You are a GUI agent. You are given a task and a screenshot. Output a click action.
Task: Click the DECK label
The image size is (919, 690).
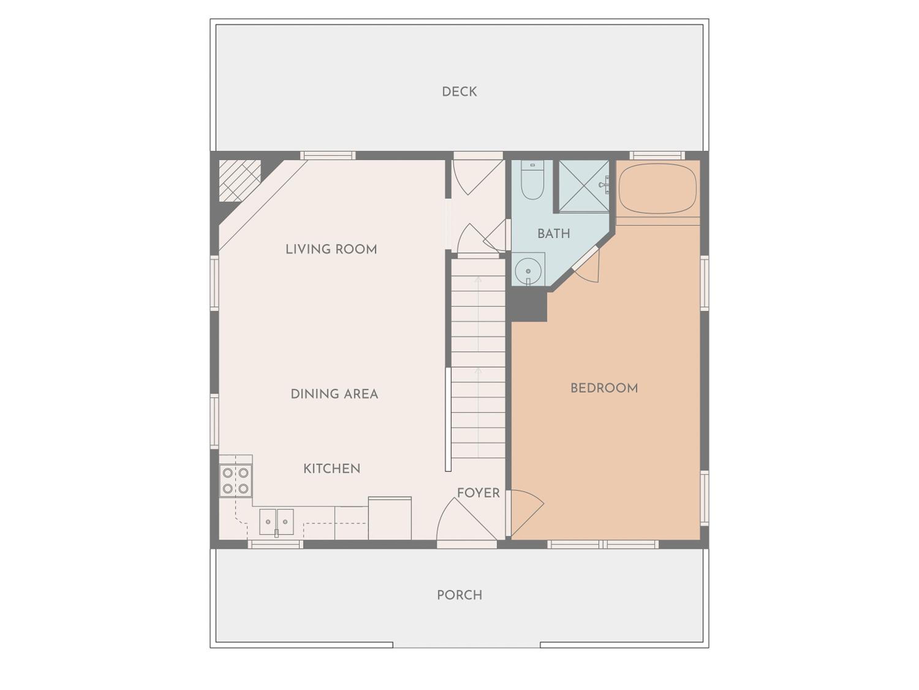tap(459, 91)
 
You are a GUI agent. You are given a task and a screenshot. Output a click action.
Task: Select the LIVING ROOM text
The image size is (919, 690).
tap(331, 249)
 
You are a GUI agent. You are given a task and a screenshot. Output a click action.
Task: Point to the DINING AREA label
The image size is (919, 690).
tap(335, 394)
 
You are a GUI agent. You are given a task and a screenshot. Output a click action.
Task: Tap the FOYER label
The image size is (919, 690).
tap(478, 493)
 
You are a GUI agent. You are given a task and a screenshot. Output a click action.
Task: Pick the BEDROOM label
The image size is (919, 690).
tap(604, 388)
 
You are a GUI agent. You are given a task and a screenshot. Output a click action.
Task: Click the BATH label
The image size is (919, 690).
tap(554, 234)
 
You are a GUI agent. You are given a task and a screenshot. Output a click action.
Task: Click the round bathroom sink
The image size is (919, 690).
tap(528, 271)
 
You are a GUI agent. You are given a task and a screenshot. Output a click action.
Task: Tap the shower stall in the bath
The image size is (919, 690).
tap(584, 186)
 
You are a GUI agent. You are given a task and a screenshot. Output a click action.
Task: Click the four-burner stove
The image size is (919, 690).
tap(236, 480)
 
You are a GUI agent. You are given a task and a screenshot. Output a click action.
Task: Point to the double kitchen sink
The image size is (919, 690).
tap(276, 522)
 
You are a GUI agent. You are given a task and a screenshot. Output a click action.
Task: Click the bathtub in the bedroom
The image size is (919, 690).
tap(657, 188)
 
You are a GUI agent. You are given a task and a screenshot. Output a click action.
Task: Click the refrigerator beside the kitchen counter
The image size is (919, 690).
tap(390, 518)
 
